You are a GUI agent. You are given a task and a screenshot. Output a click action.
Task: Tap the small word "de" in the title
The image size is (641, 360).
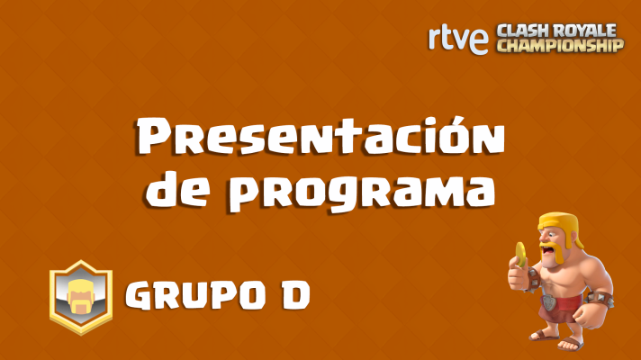click(173, 189)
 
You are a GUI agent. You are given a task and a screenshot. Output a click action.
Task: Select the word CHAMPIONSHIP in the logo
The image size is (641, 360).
click(560, 45)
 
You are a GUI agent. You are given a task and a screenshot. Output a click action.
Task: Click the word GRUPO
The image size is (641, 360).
click(185, 293)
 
